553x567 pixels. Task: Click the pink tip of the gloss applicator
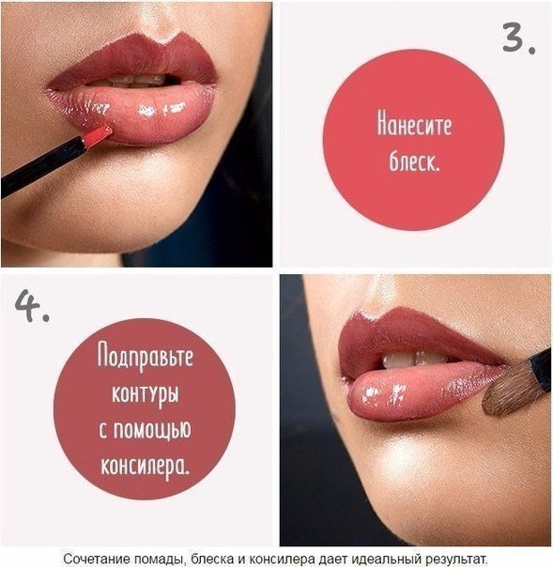coord(96,137)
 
